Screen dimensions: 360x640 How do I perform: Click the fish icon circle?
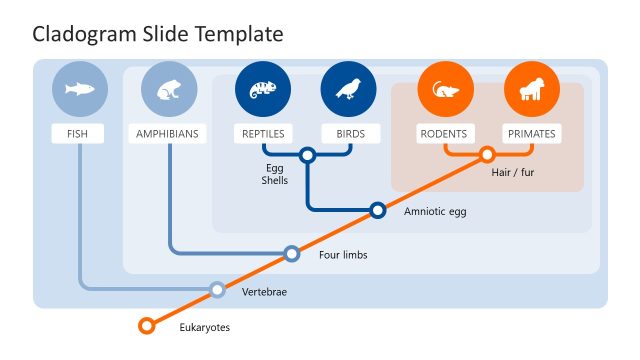(78, 89)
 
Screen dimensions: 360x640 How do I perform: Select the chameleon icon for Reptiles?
(262, 89)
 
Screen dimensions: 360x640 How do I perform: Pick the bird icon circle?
(348, 89)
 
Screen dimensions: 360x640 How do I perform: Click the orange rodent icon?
(444, 89)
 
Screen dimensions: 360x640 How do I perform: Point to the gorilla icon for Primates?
(531, 89)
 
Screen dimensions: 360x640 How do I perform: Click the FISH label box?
(78, 134)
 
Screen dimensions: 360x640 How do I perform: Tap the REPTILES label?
(262, 134)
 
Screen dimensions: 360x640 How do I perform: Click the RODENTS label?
(444, 134)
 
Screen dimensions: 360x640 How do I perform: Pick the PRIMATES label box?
(531, 134)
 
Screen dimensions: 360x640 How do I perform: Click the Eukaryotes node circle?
(147, 325)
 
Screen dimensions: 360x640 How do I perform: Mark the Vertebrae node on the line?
(217, 291)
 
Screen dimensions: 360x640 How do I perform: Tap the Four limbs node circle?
(292, 254)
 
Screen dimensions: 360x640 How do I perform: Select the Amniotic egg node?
(378, 210)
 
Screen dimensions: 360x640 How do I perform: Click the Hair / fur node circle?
(487, 155)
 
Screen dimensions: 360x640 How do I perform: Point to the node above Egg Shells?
(307, 155)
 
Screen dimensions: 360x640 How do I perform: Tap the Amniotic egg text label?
(435, 212)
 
